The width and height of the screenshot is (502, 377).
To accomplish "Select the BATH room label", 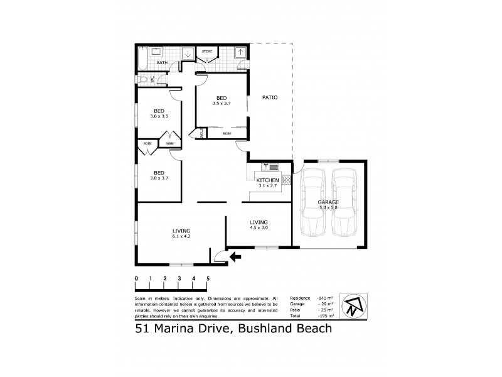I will [x=161, y=63].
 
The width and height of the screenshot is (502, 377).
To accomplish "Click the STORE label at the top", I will [x=206, y=51].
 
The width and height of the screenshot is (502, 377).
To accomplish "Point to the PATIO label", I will [x=270, y=97].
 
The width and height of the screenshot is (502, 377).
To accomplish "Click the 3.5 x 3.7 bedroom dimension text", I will [x=222, y=104].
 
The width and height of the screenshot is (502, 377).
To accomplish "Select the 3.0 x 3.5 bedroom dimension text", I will [x=159, y=117].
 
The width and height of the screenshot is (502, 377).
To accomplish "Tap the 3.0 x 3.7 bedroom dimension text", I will [x=159, y=178].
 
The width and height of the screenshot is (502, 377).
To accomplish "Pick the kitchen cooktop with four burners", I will [x=286, y=180].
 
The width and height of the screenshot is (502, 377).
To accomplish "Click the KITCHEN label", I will [x=267, y=180].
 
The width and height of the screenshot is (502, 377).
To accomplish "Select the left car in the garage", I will [x=312, y=202].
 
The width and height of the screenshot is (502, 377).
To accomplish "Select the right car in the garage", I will [x=344, y=202].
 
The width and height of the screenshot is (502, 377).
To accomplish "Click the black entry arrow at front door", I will [x=235, y=256].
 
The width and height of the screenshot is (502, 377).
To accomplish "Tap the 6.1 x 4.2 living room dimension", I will [x=182, y=237].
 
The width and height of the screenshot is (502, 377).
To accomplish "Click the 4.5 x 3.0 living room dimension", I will [x=259, y=228].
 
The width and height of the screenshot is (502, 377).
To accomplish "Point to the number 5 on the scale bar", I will [x=208, y=278].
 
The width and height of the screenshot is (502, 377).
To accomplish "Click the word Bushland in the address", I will [x=257, y=328].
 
